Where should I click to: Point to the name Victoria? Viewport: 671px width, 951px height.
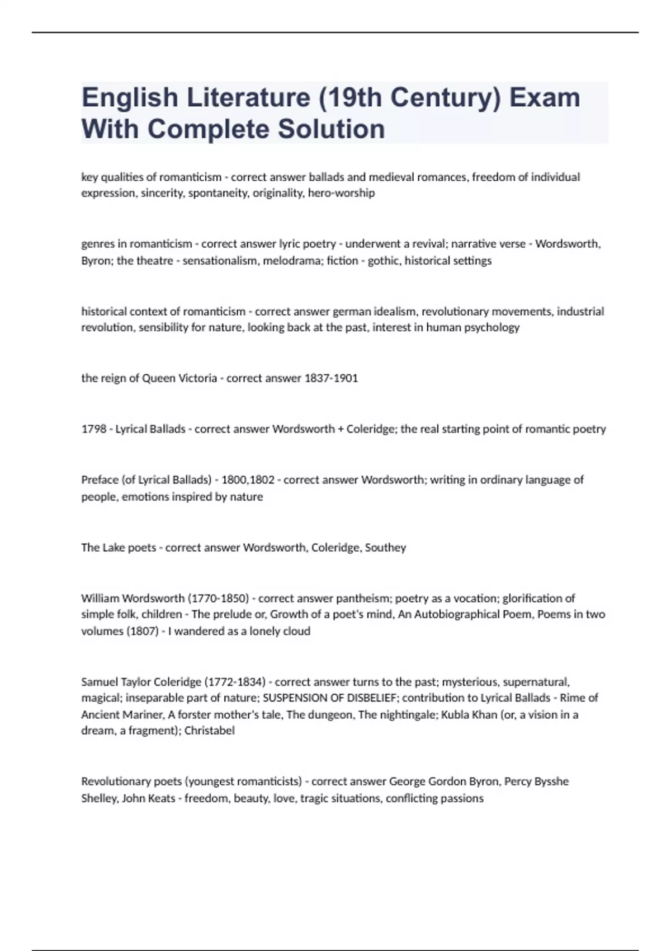[x=197, y=378]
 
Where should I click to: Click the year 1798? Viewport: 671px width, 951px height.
[x=94, y=429]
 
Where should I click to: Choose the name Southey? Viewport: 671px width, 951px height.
[x=385, y=548]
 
